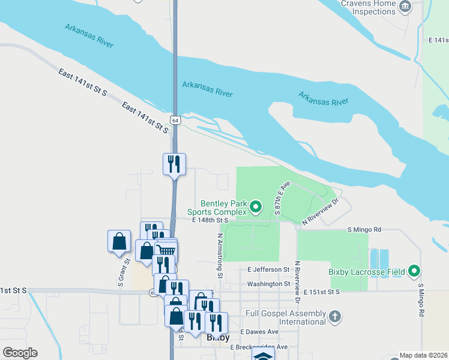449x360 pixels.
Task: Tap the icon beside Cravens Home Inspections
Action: click(405, 7)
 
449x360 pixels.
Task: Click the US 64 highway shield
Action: click(175, 120)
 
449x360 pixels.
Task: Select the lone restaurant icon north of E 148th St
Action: click(175, 164)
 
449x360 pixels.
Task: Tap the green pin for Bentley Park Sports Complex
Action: click(256, 208)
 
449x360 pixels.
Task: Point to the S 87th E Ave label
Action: click(281, 198)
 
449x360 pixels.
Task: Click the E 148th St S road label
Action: click(211, 221)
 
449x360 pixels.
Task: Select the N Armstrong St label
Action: click(220, 256)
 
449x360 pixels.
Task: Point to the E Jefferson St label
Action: click(268, 270)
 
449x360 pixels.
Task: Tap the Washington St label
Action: click(268, 284)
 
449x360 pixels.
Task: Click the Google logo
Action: click(20, 353)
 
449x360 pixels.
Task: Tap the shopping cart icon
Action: click(166, 251)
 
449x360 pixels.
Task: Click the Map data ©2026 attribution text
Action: click(423, 355)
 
